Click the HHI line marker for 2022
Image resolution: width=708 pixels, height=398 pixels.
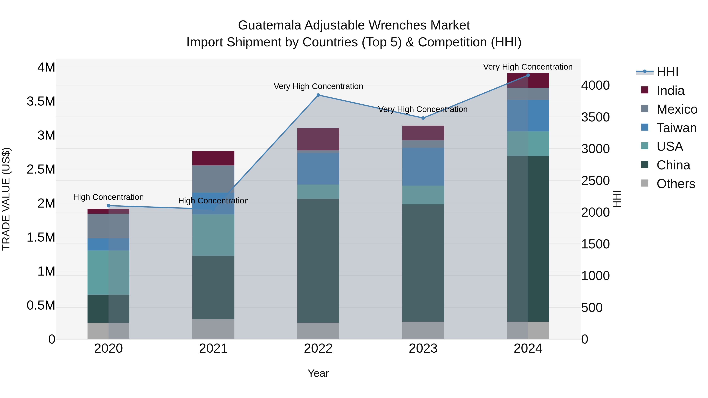coord(318,95)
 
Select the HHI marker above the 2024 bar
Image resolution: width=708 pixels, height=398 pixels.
coord(528,75)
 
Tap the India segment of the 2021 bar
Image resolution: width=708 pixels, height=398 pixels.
coord(213,158)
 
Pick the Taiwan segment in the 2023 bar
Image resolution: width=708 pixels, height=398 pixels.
coord(423,166)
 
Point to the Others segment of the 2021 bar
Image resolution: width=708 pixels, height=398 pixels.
coord(213,329)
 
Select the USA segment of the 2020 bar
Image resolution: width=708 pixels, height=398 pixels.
coord(108,272)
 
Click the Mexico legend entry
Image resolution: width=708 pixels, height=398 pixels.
coord(676,109)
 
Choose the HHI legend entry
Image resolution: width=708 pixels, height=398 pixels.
coord(667,72)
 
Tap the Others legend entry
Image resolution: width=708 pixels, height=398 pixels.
coord(675,184)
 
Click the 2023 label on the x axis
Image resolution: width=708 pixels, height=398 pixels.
coord(423,348)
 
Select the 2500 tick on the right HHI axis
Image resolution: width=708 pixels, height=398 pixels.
coord(595,181)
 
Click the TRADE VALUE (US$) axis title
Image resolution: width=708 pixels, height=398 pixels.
coord(6,199)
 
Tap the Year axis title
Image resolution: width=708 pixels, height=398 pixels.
coord(318,373)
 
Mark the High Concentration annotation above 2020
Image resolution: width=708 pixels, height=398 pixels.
coord(108,197)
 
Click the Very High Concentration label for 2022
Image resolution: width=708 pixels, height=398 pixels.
coord(318,86)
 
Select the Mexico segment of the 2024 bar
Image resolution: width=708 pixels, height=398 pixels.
coord(528,94)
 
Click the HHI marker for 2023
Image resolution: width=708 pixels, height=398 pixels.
coord(423,118)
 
